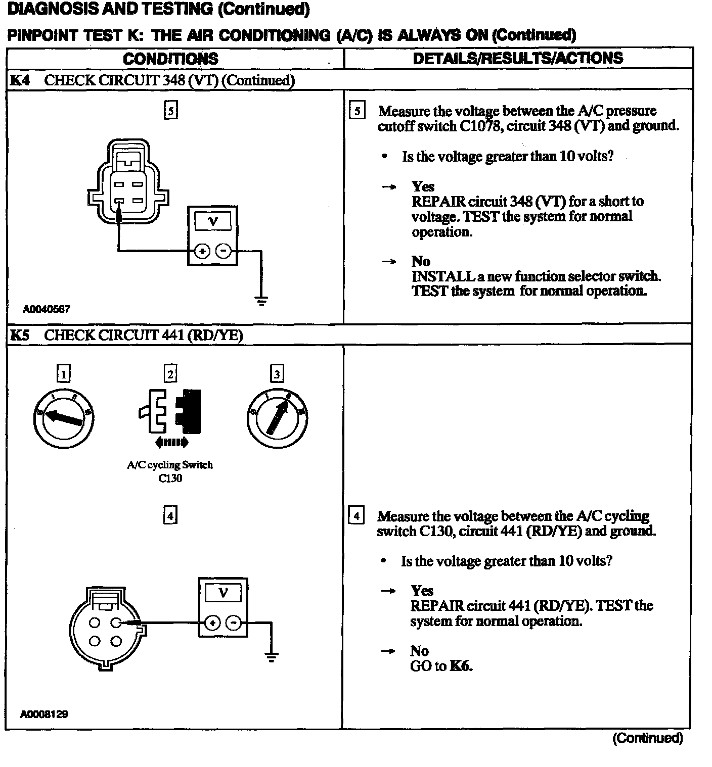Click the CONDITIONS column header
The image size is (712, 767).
[170, 59]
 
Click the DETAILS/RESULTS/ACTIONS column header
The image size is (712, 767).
[518, 58]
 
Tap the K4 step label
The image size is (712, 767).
[19, 80]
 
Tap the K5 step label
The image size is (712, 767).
[19, 335]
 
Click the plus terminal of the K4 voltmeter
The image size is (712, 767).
[202, 251]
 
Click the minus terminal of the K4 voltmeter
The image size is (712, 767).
[224, 251]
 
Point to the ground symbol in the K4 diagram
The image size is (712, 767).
[261, 301]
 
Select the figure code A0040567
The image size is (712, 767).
[46, 309]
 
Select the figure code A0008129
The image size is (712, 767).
[44, 714]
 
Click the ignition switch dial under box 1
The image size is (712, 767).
[64, 418]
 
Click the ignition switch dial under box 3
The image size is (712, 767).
[277, 418]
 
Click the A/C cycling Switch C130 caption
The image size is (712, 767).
[170, 471]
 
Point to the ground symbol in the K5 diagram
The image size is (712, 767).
[272, 657]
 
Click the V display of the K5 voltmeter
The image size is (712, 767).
[223, 592]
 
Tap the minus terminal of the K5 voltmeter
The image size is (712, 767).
[233, 623]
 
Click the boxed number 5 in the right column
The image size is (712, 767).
[357, 111]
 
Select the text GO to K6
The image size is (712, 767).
[441, 666]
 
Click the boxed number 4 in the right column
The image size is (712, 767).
[357, 516]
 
